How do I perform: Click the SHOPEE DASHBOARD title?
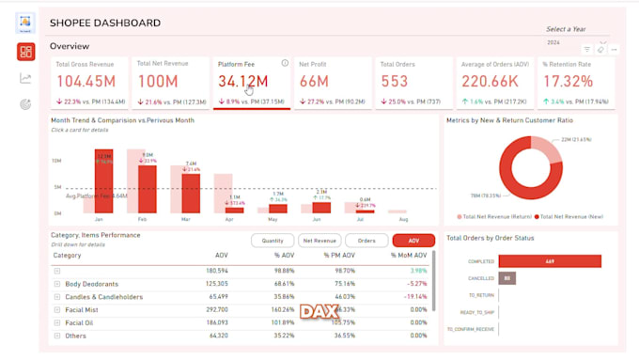104,23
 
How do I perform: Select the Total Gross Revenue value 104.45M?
86,83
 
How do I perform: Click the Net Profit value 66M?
314,83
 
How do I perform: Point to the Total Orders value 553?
396,83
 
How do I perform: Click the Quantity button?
272,241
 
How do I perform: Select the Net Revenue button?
319,241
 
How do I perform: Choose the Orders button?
366,241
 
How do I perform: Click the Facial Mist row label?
83,309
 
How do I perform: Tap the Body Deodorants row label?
91,283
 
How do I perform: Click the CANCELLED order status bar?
507,278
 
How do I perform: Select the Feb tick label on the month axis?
142,218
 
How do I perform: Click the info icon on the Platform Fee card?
285,63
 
